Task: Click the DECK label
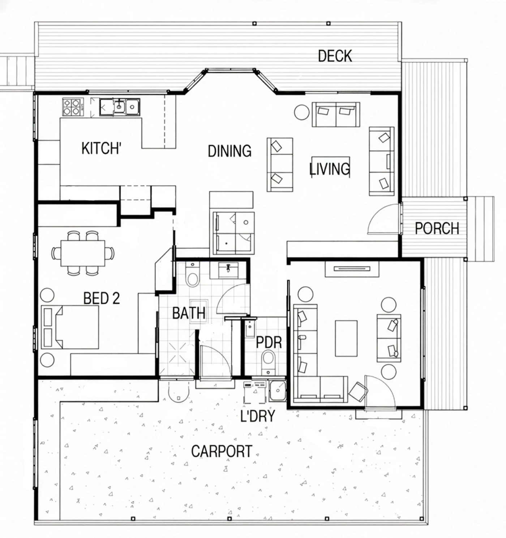point(335,56)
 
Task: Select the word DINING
point(230,151)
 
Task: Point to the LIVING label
point(330,169)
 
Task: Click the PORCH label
point(437,228)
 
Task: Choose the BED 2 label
point(102,298)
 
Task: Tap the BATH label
point(189,313)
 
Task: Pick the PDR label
point(269,342)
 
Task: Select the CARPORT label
point(222,451)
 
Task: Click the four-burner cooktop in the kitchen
point(73,107)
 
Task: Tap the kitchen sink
point(120,107)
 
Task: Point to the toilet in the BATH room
point(193,274)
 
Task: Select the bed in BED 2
point(70,327)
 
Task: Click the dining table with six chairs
point(83,253)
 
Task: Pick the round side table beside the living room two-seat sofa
point(302,112)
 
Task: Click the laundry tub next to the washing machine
point(278,391)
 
